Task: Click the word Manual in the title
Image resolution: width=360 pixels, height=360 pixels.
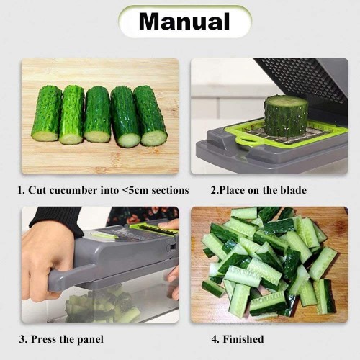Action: [184, 22]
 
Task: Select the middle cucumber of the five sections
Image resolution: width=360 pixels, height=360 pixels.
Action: [97, 114]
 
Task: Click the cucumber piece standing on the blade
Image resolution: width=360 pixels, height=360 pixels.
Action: [285, 114]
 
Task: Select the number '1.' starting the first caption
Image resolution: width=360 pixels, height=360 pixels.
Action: [22, 191]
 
